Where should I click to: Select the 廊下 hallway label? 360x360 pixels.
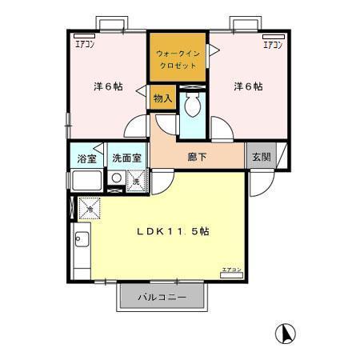(x=198, y=157)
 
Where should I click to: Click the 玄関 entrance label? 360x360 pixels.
(x=261, y=157)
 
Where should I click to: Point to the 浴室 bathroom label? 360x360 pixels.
(x=86, y=158)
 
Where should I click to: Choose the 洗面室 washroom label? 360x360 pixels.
(x=126, y=158)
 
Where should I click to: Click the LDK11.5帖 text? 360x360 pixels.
(x=172, y=232)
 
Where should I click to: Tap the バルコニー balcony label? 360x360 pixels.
(x=162, y=297)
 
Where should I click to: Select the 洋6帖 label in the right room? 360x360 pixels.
(x=248, y=86)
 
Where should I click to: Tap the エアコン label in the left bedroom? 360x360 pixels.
(x=83, y=45)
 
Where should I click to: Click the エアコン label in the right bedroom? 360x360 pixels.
(x=273, y=45)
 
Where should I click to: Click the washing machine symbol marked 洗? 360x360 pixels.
(x=137, y=181)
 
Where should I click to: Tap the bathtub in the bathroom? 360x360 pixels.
(x=86, y=180)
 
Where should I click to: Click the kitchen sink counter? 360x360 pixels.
(x=81, y=248)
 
